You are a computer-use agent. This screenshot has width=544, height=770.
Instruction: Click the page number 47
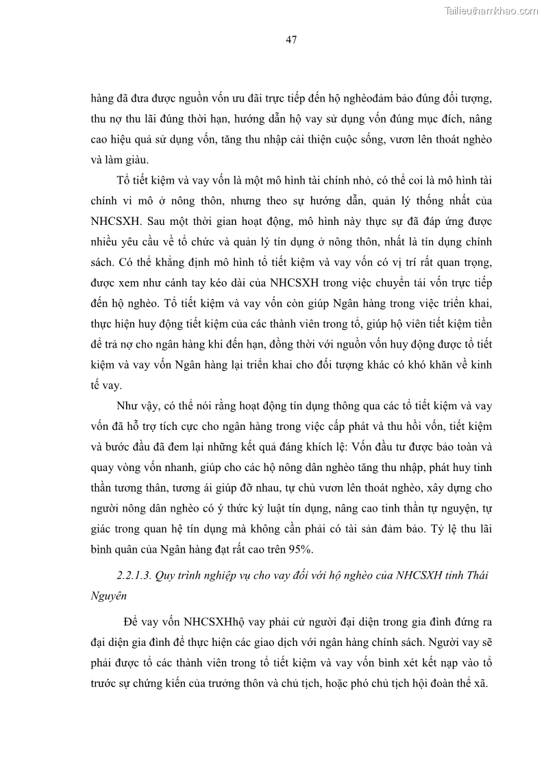pos(290,39)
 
